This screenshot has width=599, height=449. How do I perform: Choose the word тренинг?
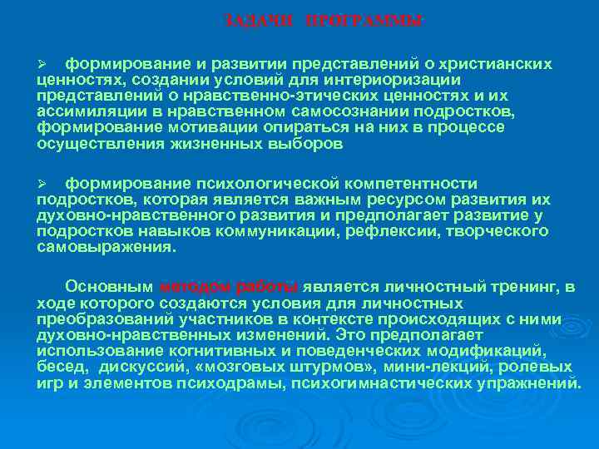pos(532,287)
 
